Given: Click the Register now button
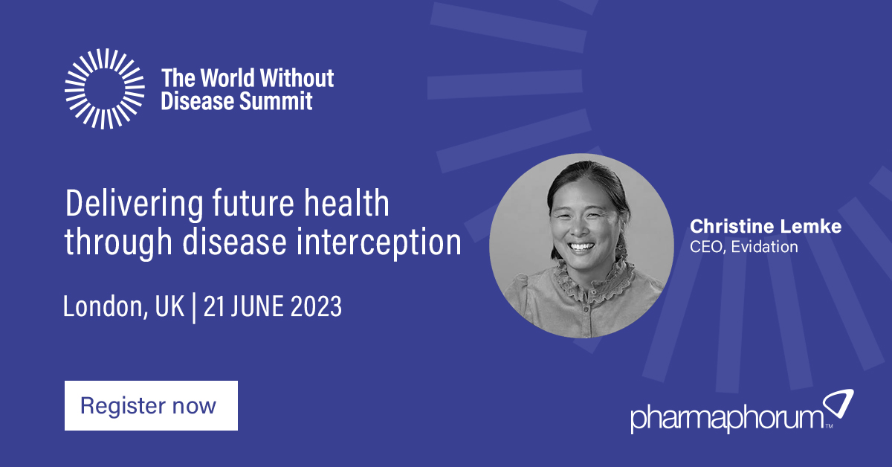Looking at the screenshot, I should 151,406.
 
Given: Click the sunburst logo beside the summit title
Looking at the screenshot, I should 104,88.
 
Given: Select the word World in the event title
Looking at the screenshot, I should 227,77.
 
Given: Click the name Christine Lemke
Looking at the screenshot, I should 766,227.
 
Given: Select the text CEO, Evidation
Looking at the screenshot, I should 744,247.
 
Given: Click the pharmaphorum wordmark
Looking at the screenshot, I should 725,419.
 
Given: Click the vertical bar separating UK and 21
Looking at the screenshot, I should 194,306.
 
